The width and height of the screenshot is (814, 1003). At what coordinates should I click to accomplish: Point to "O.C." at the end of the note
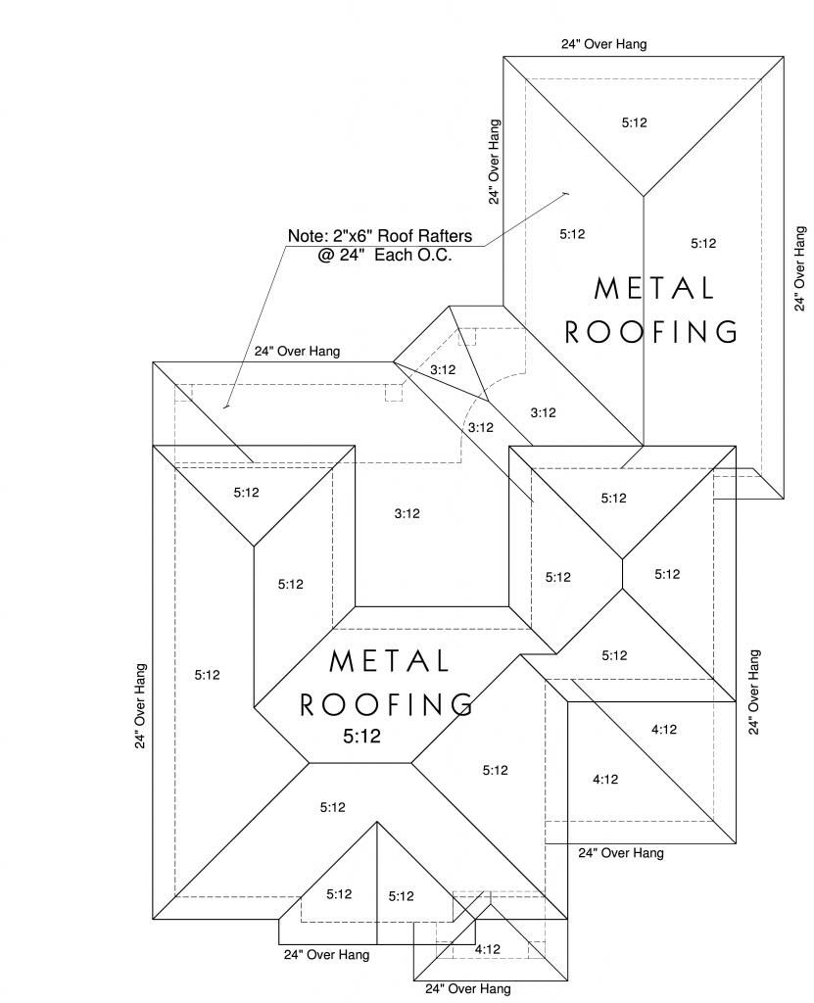[x=435, y=256]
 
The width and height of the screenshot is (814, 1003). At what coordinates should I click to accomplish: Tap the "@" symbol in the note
[x=326, y=256]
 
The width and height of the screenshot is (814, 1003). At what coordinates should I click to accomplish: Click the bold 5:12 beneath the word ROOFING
[x=362, y=737]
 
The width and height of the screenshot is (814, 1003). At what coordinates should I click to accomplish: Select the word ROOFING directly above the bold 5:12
[x=387, y=705]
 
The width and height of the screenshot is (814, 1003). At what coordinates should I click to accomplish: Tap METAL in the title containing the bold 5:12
[x=389, y=661]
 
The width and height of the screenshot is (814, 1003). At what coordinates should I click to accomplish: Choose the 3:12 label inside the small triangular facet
[x=443, y=369]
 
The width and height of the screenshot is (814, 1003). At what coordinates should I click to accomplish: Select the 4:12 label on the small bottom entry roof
[x=488, y=949]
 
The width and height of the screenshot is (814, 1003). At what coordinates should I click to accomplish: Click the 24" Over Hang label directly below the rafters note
[x=297, y=352]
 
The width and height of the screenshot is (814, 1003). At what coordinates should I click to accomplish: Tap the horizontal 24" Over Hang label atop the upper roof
[x=604, y=44]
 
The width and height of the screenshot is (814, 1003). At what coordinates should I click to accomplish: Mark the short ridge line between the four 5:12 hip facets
[x=623, y=574]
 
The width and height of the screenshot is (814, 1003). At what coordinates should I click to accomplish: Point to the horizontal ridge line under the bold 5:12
[x=360, y=762]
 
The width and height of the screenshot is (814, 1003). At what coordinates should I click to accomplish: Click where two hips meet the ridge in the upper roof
[x=644, y=196]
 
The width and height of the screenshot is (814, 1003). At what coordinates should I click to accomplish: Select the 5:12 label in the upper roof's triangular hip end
[x=635, y=122]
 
